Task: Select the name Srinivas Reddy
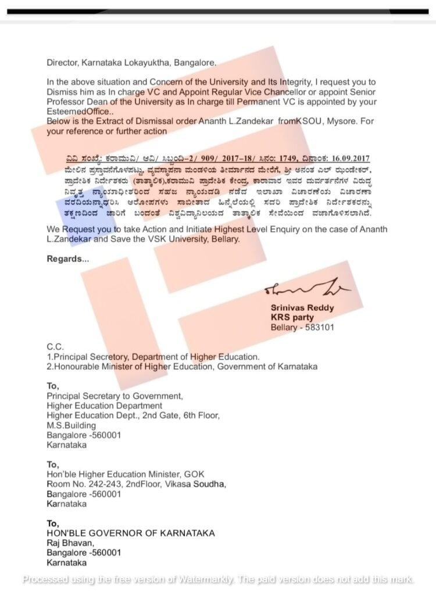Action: [302, 308]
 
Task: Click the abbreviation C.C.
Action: [55, 347]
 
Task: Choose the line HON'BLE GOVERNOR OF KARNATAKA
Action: [131, 533]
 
